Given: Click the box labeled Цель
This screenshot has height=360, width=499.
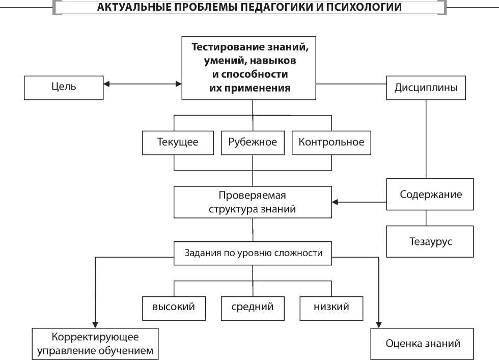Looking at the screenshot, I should (x=64, y=87).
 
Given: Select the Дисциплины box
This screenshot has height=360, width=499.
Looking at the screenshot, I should (x=426, y=87).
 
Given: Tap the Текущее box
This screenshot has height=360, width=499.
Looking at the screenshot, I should (x=177, y=142).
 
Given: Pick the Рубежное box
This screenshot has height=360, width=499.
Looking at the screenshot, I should (x=253, y=142).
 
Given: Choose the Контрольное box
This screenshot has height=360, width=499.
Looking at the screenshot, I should (x=331, y=142).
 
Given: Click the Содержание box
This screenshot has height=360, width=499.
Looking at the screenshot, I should (x=430, y=195).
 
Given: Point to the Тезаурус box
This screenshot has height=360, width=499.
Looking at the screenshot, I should (x=430, y=241).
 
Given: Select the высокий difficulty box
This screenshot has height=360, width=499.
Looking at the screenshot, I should (x=174, y=307).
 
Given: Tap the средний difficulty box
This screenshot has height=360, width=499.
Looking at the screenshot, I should (x=253, y=307).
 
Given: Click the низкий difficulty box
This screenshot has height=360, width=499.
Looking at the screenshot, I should (x=331, y=307).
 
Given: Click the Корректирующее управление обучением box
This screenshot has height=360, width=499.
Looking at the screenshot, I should (x=95, y=344).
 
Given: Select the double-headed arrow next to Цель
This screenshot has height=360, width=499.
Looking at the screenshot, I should (x=142, y=83).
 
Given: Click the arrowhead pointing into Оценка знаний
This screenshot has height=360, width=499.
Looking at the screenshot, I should (x=379, y=324).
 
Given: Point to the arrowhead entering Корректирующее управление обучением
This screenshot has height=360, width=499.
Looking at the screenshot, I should (x=95, y=324).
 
